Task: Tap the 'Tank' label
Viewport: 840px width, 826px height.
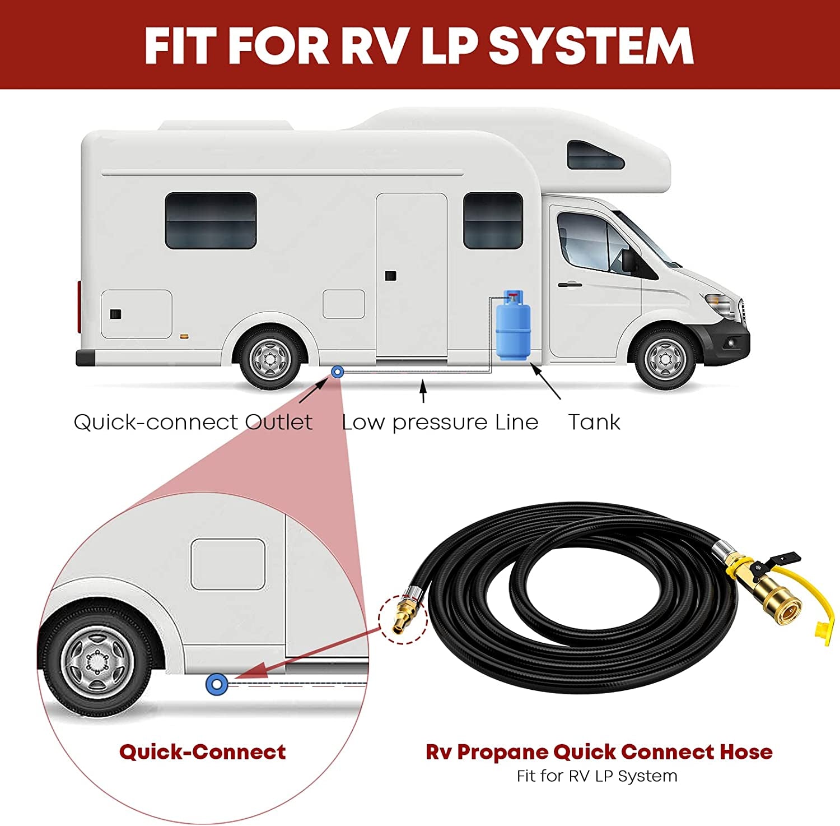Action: [594, 422]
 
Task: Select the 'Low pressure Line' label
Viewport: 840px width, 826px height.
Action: [440, 422]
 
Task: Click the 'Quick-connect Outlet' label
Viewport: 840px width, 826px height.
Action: [193, 422]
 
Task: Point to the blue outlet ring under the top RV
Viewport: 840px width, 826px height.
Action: [337, 371]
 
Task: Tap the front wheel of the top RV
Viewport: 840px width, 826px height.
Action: [666, 359]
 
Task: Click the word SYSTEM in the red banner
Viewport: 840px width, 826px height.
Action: [591, 46]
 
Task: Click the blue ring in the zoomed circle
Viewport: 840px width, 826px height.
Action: [217, 684]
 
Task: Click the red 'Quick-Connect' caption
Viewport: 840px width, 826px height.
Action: [202, 752]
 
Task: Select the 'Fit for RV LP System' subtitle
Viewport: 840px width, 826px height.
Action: [597, 776]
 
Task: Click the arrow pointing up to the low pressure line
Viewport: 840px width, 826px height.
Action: [423, 391]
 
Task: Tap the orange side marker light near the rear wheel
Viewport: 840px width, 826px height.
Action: [183, 337]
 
